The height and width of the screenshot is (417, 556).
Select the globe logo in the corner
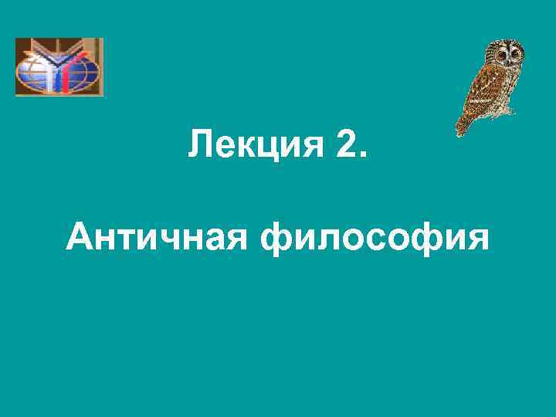tap(59, 67)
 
